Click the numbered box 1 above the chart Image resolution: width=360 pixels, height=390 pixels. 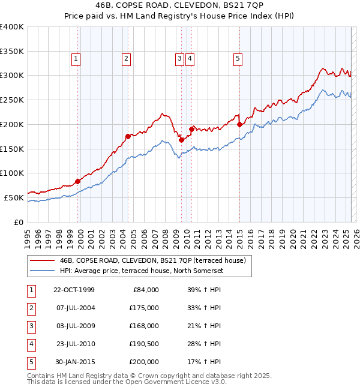(77, 58)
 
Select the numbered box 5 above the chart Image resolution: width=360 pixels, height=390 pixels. (238, 58)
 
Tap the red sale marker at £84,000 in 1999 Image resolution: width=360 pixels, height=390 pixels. (77, 181)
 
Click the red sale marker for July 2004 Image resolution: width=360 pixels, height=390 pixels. (127, 136)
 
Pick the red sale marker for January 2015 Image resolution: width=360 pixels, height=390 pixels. (239, 124)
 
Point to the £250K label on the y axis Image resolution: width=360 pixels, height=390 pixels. (12, 100)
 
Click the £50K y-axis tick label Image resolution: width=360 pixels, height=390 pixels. (14, 197)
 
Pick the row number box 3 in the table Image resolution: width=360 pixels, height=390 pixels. (31, 326)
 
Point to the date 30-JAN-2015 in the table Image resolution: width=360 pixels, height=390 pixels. (74, 362)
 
